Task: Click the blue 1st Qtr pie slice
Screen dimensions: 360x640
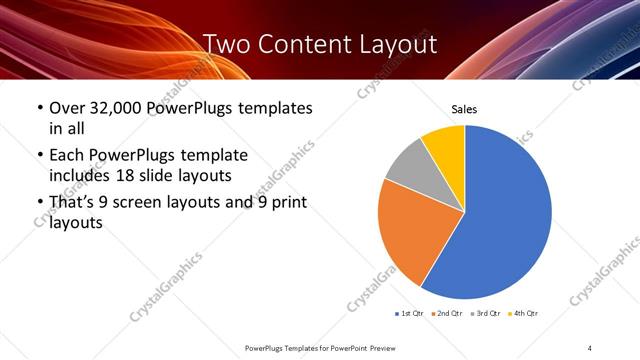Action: (x=505, y=220)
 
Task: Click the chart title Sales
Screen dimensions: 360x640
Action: (x=464, y=108)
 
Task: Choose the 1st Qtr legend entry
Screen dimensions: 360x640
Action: (x=411, y=314)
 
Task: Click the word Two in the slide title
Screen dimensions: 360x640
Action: (x=228, y=44)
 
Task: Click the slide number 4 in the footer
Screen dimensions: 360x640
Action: (x=590, y=346)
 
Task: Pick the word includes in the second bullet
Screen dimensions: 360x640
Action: (x=78, y=176)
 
